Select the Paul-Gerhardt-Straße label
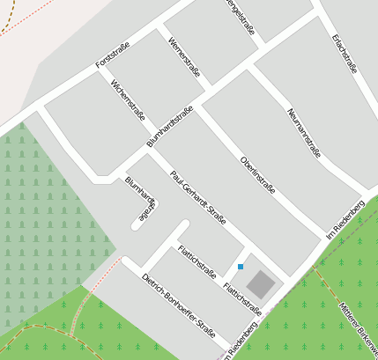click(198, 199)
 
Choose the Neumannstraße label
click(304, 132)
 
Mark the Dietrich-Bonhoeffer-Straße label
click(179, 305)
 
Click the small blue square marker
click(240, 266)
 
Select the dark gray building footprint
click(260, 283)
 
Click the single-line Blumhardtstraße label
click(170, 127)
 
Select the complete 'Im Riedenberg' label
click(345, 217)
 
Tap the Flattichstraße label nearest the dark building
click(242, 298)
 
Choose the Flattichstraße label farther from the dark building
click(197, 261)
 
